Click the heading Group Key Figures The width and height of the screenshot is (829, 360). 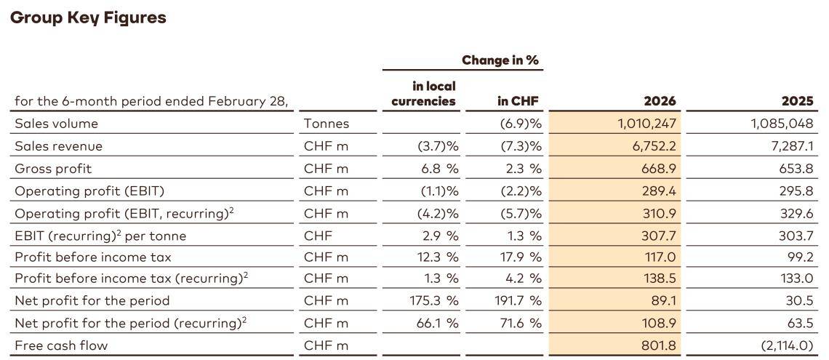pos(88,17)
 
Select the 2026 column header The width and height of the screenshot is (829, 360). pos(660,101)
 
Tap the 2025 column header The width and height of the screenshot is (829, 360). pos(797,101)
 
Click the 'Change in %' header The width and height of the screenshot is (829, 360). pos(500,60)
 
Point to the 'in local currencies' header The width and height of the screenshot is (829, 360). pos(423,94)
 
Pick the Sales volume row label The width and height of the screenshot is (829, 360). pos(56,124)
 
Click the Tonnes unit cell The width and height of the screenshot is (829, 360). pos(327,124)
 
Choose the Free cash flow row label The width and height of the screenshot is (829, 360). pos(61,345)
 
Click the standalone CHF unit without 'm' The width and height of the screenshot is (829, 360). pos(317,235)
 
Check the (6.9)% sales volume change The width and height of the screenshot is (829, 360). pos(518,124)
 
